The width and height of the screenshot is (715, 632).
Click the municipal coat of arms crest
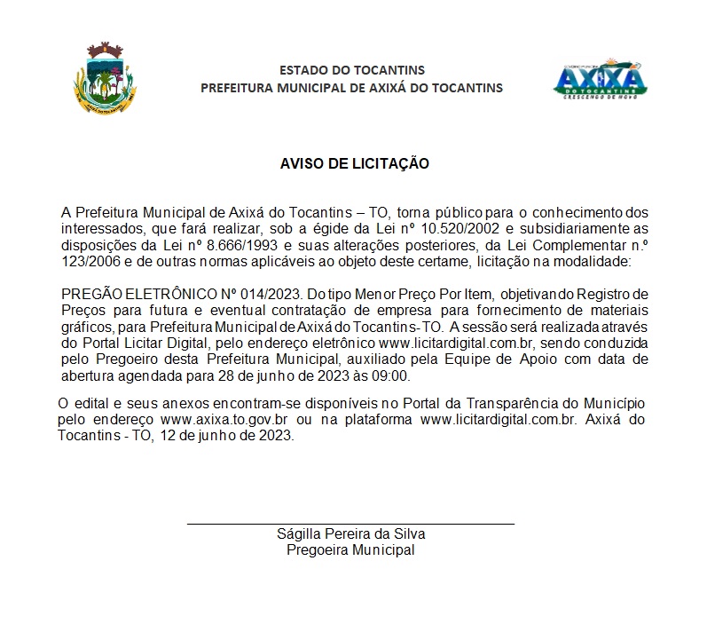(105, 81)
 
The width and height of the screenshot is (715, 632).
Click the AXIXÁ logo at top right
(600, 80)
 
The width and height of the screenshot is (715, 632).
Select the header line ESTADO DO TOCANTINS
(352, 70)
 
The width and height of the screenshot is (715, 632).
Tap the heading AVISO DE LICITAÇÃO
(355, 164)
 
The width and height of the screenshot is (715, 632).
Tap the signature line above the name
(350, 525)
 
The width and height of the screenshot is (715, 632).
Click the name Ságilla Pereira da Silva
(350, 534)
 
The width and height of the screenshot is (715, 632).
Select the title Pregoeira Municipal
(350, 550)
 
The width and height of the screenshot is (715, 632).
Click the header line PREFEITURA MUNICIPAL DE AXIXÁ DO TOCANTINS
(352, 88)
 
